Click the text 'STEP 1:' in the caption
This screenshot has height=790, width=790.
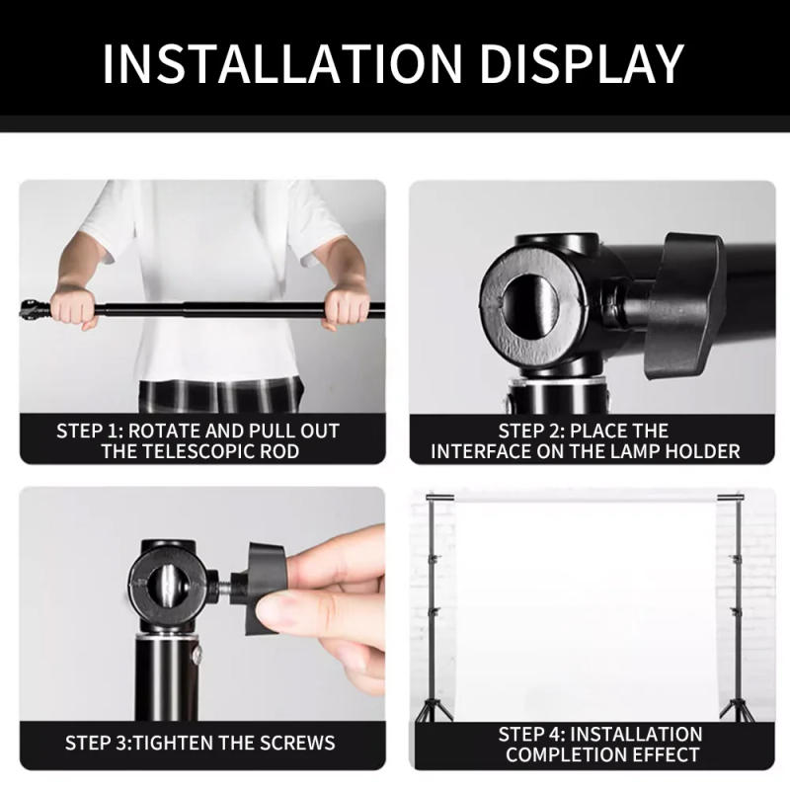(90, 431)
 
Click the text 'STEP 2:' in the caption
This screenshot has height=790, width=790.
(532, 431)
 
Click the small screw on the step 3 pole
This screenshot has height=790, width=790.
(201, 654)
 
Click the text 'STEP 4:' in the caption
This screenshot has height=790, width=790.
(532, 734)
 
